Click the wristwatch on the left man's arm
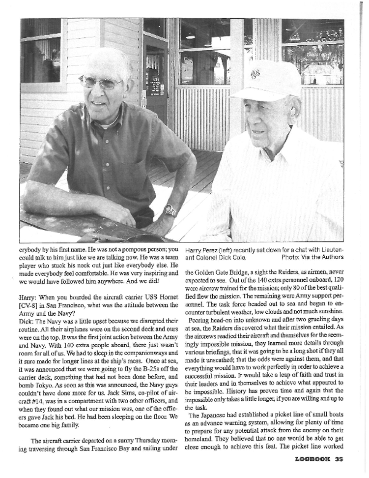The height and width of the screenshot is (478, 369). pos(170,210)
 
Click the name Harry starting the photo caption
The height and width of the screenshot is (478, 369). pos(194,249)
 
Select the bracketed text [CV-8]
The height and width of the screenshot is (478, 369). pos(28,305)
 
